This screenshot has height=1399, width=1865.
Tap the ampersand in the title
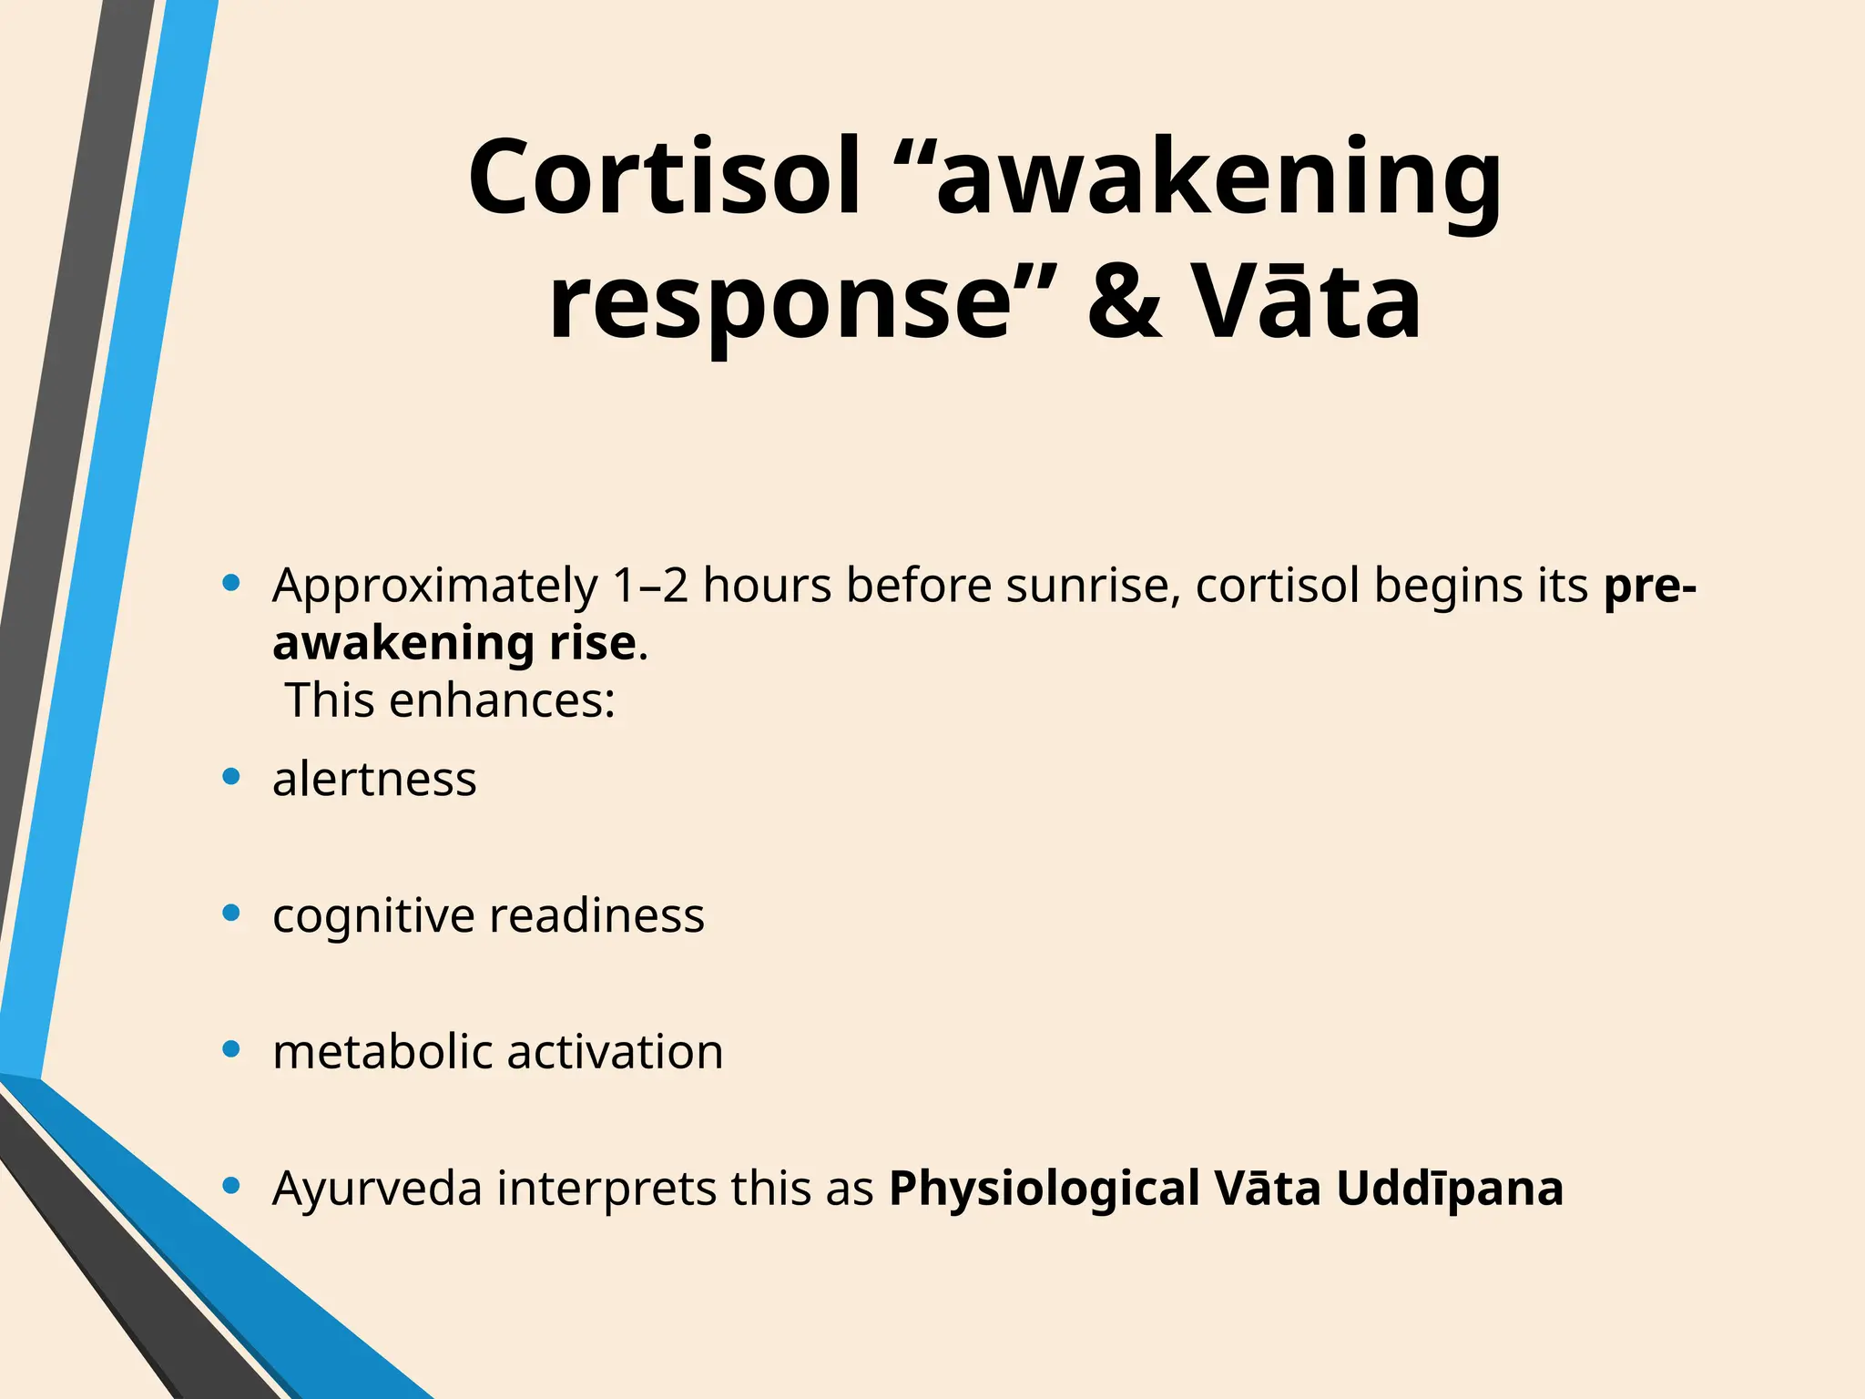pyautogui.click(x=1125, y=301)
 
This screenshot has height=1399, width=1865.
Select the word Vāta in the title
pyautogui.click(x=1306, y=301)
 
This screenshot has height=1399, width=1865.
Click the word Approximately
pyautogui.click(x=434, y=586)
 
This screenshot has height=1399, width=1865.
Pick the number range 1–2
pyautogui.click(x=650, y=586)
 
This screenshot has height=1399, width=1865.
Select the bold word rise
pyautogui.click(x=592, y=643)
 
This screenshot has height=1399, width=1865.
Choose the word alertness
pyautogui.click(x=374, y=780)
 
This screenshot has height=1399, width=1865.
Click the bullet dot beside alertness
pyautogui.click(x=231, y=777)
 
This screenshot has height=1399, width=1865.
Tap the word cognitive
pyautogui.click(x=373, y=916)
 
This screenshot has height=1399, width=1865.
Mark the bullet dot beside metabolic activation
pyautogui.click(x=231, y=1049)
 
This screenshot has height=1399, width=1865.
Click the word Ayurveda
pyautogui.click(x=377, y=1190)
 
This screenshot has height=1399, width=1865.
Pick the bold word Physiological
pyautogui.click(x=1044, y=1190)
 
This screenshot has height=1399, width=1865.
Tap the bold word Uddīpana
pyautogui.click(x=1450, y=1190)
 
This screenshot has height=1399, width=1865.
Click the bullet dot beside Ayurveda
pyautogui.click(x=231, y=1186)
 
